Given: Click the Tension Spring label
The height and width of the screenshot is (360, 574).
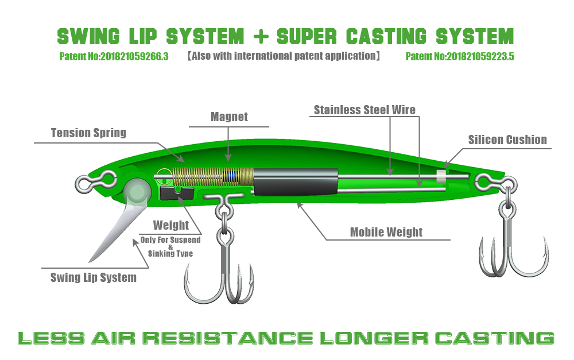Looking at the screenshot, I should pos(88,133).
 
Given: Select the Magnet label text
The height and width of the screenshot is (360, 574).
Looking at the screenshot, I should pos(229,117).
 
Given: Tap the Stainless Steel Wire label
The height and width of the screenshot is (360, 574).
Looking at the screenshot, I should pos(364,110).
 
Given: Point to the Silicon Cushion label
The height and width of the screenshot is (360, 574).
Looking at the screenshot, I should pos(507,140).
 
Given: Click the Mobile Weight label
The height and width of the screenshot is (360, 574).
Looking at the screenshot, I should pos(386,232).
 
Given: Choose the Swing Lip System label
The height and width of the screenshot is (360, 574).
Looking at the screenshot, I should pos(94,278).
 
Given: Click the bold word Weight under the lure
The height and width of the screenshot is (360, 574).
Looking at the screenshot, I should pos(171,225).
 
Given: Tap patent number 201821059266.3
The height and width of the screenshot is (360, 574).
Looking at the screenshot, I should pos(114,56).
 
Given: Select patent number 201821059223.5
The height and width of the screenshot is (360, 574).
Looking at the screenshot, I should pos(459,56).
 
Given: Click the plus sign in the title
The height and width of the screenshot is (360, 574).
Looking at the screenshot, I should pos(260,36).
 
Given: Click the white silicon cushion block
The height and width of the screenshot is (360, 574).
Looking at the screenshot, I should pos(442,176).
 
